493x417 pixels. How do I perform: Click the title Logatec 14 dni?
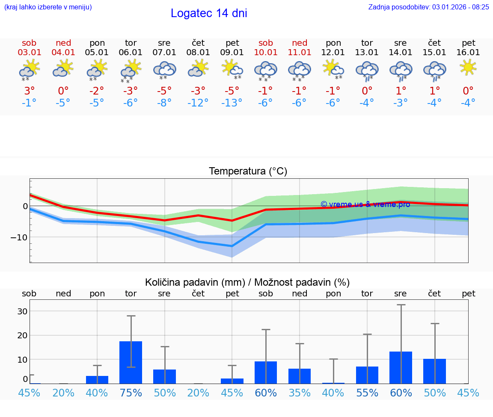[x=209, y=13]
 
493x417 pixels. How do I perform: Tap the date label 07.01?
[x=164, y=53]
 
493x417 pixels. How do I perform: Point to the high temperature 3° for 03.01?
[x=29, y=91]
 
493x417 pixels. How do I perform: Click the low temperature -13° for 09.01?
[x=232, y=103]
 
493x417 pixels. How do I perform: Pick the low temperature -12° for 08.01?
[x=198, y=103]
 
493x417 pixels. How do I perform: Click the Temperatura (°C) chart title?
[x=248, y=172]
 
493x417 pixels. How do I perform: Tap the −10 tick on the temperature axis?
[x=20, y=237]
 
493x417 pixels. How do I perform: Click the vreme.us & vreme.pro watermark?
[x=365, y=204]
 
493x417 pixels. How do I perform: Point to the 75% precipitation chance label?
[x=131, y=393]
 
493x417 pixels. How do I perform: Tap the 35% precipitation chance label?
[x=300, y=393]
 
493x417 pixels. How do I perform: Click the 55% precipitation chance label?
[x=367, y=393]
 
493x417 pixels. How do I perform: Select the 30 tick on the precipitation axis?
[x=22, y=311]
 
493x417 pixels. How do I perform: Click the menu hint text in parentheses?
[x=48, y=7]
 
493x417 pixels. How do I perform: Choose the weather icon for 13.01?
[x=367, y=70]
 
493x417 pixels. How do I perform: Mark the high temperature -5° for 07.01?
[x=164, y=91]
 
